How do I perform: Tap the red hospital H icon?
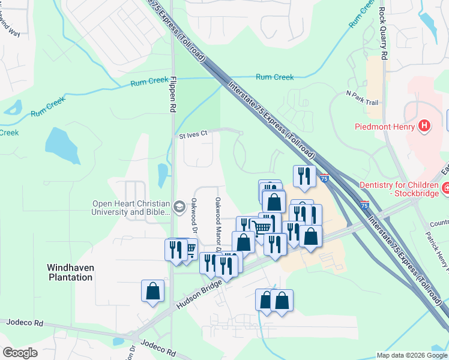pos(424,125)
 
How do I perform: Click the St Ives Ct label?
pos(193,135)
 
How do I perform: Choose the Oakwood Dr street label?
pos(194,215)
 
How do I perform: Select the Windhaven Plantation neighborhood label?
pos(71,272)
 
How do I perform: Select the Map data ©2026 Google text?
pos(411,355)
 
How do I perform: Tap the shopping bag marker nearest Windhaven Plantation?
pos(153,292)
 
